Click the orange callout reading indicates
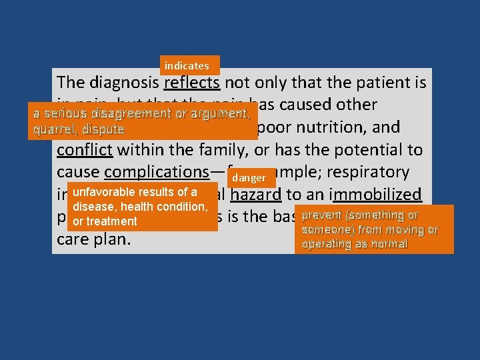pyautogui.click(x=187, y=65)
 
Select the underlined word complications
pyautogui.click(x=157, y=172)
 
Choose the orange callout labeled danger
pyautogui.click(x=249, y=178)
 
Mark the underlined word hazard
pyautogui.click(x=257, y=195)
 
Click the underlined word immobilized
pyautogui.click(x=377, y=195)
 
